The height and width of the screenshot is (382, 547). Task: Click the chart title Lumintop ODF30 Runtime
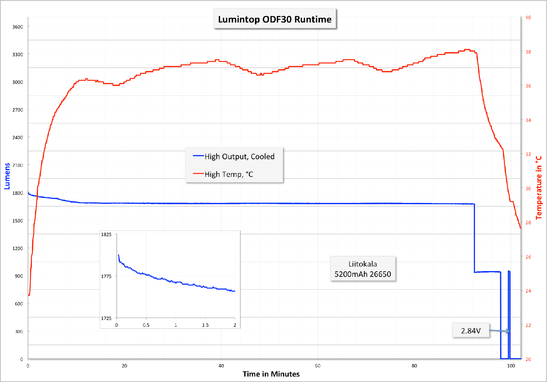[275, 19]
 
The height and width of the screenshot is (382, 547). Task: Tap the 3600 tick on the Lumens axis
[18, 27]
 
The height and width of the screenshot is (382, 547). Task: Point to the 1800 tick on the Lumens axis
[18, 193]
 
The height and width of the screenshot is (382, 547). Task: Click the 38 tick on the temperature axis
[528, 52]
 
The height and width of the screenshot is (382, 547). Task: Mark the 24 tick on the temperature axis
[528, 291]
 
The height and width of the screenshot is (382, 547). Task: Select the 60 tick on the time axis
[318, 366]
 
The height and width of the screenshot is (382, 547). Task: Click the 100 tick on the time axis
[511, 366]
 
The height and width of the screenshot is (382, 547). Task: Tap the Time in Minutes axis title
[271, 374]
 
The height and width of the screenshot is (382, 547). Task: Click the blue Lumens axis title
[7, 176]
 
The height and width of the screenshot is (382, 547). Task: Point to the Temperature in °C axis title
[538, 188]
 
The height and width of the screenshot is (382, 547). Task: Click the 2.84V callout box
[471, 331]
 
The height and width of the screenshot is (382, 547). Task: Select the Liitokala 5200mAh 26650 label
[363, 269]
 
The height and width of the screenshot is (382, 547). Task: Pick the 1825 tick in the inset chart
[106, 234]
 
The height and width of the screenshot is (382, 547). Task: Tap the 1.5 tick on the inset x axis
[205, 325]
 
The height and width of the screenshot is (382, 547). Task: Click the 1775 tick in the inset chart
[106, 276]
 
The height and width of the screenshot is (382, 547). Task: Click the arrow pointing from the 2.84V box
[500, 331]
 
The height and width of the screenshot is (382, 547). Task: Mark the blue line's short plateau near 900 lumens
[487, 272]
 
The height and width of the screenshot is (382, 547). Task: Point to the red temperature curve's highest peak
[467, 50]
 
